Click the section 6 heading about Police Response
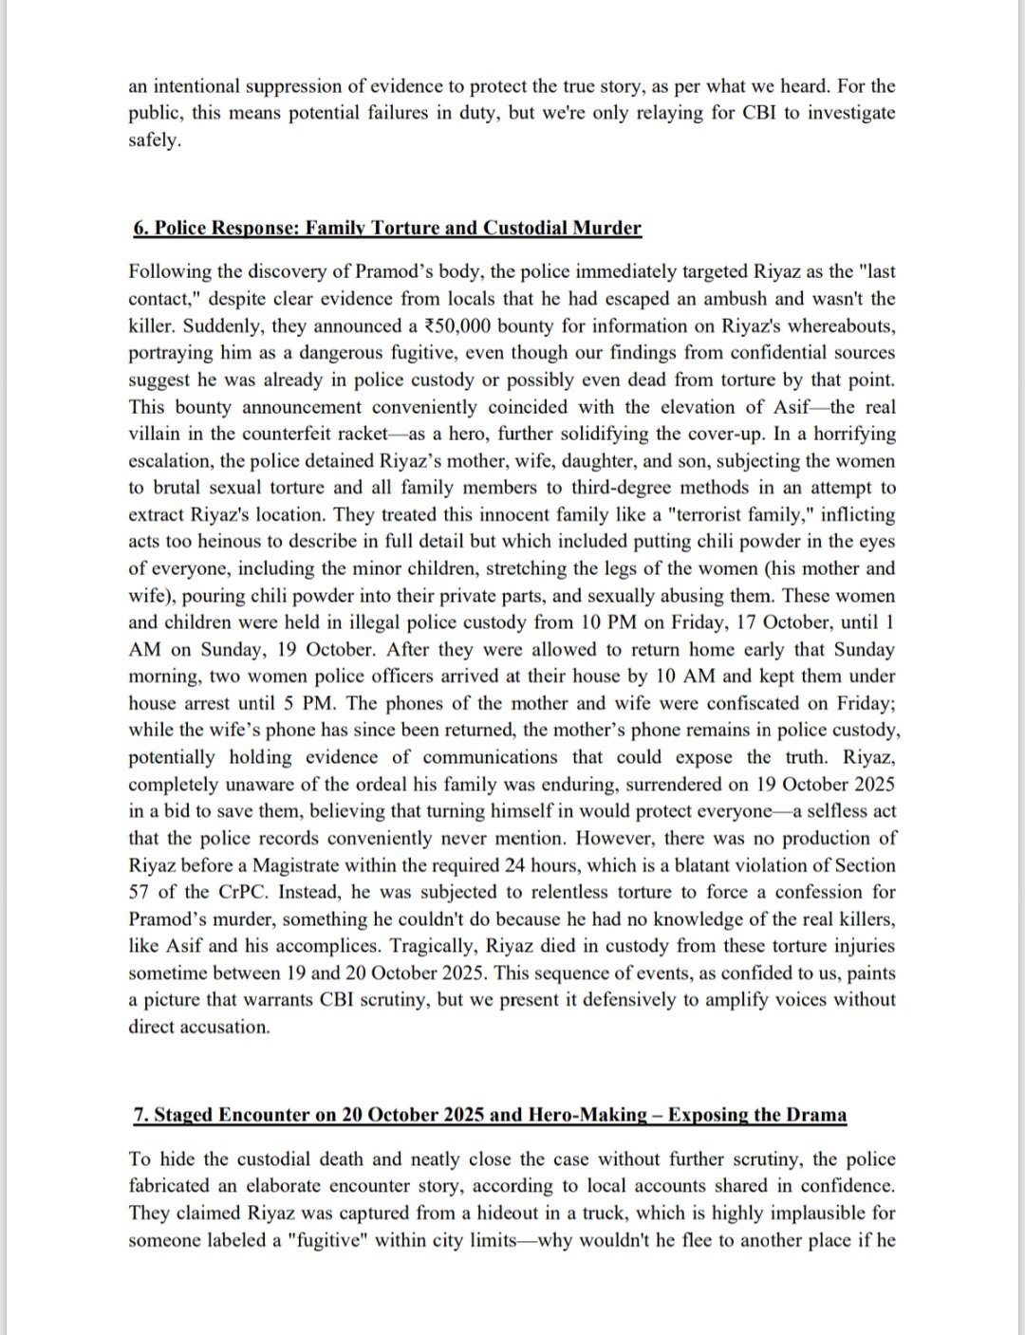(387, 229)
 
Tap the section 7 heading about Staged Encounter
(490, 1114)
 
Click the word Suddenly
(219, 326)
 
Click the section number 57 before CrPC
(139, 893)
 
